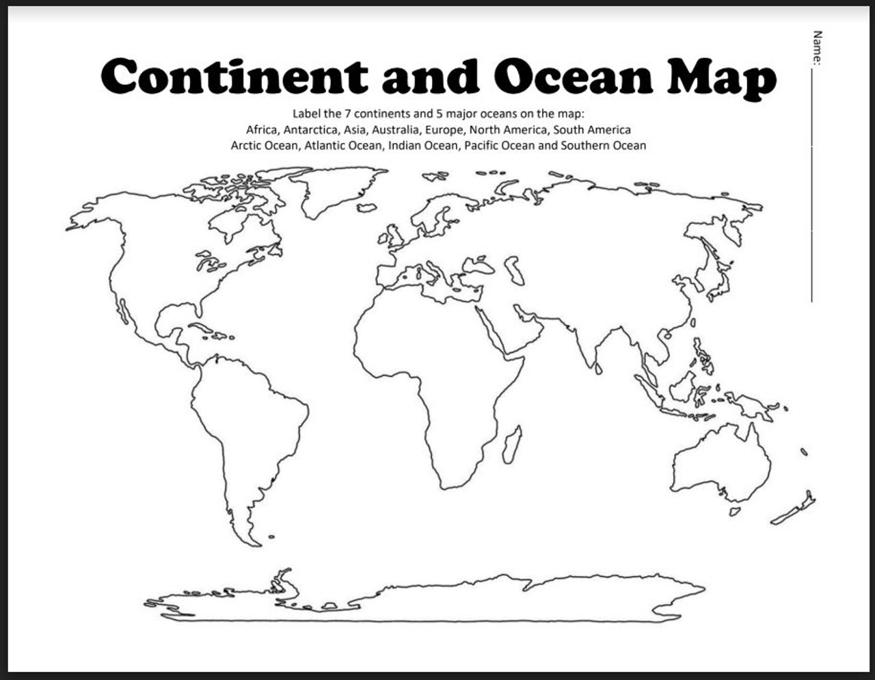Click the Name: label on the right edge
(x=817, y=48)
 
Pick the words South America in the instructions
(x=592, y=129)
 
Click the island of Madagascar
(x=512, y=443)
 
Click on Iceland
(x=368, y=207)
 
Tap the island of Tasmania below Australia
(x=734, y=511)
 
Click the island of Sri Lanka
(x=599, y=368)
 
